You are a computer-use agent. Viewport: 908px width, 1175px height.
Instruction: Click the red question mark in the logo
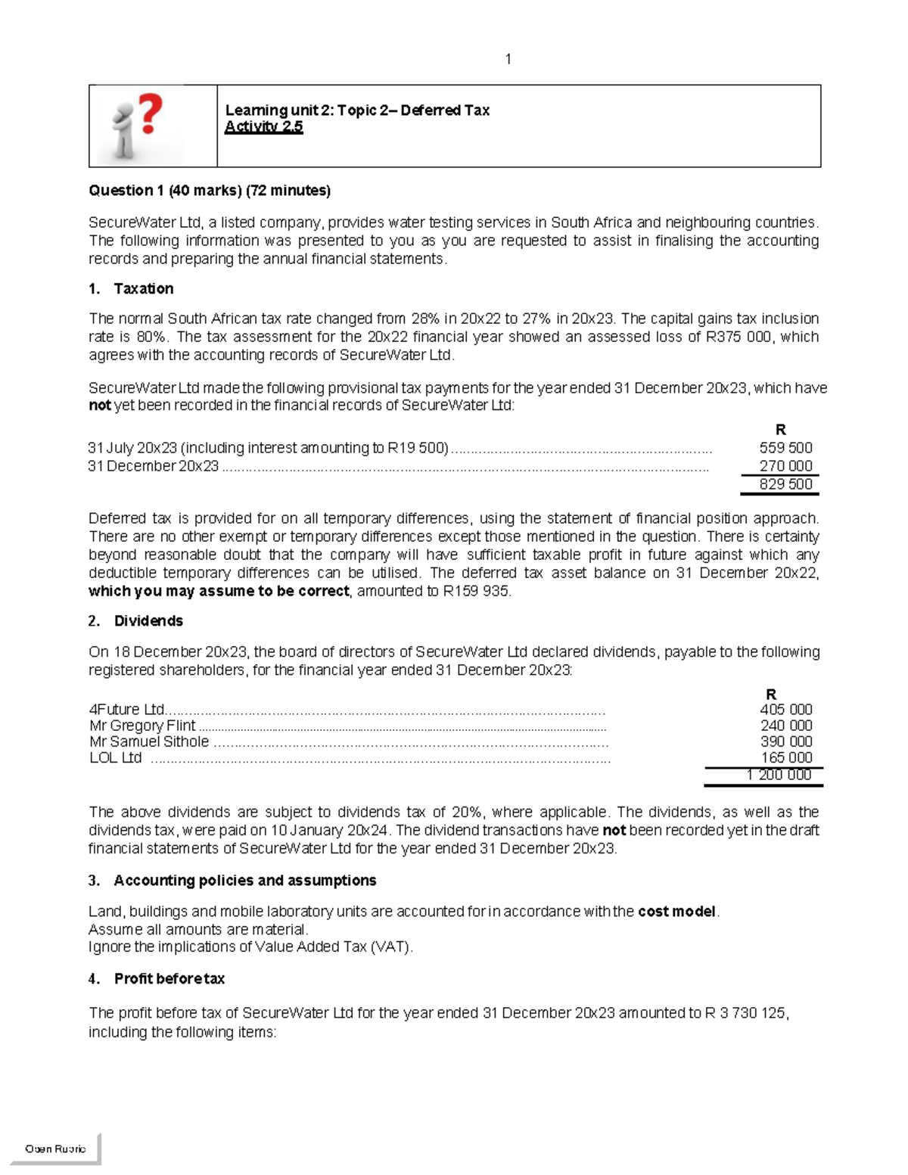coord(150,114)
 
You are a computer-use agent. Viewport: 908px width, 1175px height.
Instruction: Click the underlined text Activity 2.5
coord(263,127)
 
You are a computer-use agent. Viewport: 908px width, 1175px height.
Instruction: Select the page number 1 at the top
coord(508,59)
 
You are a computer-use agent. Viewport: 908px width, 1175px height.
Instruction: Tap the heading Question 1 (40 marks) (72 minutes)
coord(210,191)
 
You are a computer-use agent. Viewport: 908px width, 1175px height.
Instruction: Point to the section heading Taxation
coord(143,288)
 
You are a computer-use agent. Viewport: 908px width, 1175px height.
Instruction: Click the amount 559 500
coord(785,448)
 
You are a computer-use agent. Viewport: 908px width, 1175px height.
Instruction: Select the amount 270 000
coord(785,466)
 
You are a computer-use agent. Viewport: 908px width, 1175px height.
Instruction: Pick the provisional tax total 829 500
coord(785,484)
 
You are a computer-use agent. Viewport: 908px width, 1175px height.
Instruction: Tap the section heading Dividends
coord(148,621)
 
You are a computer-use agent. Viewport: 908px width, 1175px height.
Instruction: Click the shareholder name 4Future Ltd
coord(126,710)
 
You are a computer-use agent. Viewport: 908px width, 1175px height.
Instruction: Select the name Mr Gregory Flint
coord(142,726)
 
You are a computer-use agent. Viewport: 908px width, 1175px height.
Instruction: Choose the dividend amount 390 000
coord(786,741)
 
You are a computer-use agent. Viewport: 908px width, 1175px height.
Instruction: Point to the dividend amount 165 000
coord(786,757)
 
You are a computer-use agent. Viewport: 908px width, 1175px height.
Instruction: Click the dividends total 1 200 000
coord(778,775)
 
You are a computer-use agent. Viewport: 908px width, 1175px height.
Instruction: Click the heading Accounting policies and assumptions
coord(244,881)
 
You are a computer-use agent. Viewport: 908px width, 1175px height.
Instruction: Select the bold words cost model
coord(676,912)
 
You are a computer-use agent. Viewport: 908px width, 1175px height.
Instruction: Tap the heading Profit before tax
coord(169,979)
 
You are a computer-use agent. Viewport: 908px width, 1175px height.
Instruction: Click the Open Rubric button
coord(55,1149)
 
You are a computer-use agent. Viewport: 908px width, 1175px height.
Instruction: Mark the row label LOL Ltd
coord(115,757)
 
